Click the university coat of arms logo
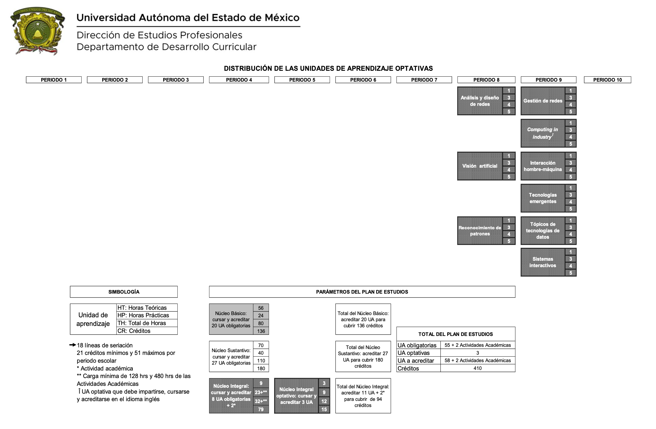37,31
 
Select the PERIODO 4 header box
239,80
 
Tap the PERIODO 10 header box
607,80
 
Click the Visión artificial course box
486,166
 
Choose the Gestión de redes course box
549,101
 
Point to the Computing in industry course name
543,133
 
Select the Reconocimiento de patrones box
486,231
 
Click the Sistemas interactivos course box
549,262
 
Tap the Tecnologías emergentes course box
549,198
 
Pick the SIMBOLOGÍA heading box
124,292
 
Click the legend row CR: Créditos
147,331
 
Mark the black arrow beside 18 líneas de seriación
73,345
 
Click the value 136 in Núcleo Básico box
261,331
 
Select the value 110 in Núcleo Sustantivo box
261,360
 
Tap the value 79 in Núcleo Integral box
261,409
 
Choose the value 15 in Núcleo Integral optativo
324,409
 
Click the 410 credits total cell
478,368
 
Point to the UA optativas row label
413,353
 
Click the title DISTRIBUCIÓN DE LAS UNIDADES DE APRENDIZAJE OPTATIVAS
328,68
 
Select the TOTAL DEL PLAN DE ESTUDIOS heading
456,334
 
